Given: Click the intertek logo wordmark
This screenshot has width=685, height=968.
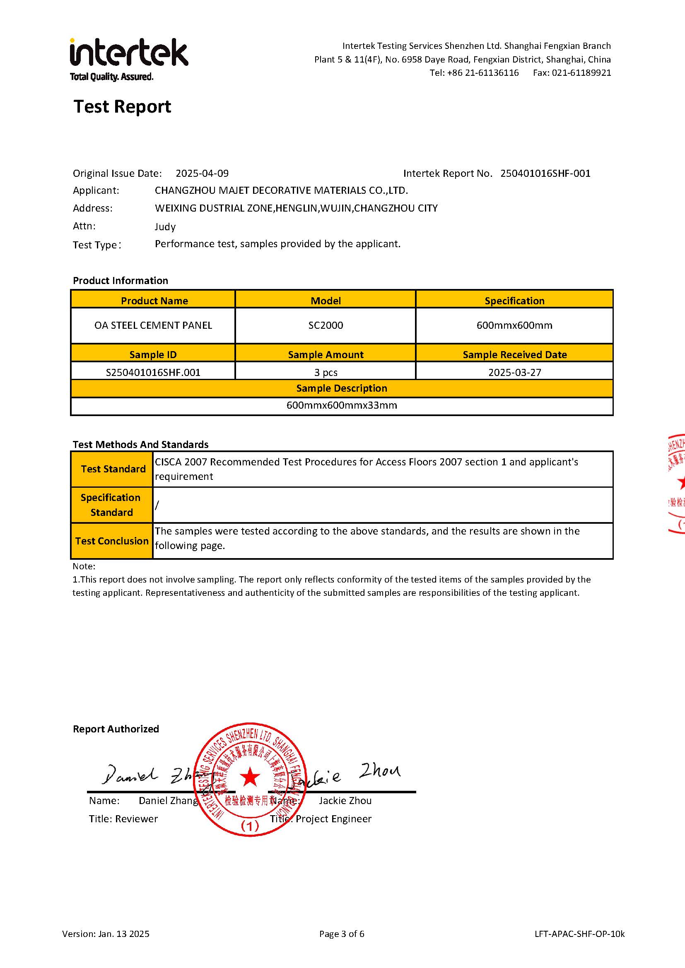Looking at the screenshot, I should tap(129, 53).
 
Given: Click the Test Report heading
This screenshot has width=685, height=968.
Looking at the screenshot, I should tap(122, 107).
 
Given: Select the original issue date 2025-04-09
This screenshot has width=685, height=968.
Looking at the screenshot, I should tap(202, 173).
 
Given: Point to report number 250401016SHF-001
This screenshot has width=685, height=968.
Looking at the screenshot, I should tap(545, 173).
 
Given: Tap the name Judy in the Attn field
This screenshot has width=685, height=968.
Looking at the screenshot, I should tap(165, 227).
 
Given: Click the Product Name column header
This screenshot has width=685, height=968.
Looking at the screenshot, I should tap(154, 301).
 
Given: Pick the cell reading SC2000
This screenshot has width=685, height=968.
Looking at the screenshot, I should tap(326, 325).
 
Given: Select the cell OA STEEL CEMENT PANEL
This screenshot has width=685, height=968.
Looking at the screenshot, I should tap(153, 325).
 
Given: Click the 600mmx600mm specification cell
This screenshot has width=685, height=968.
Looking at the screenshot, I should tap(514, 325).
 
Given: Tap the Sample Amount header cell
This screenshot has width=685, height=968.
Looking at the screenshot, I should tap(326, 354).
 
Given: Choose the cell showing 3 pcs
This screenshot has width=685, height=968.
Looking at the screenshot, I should tap(326, 372).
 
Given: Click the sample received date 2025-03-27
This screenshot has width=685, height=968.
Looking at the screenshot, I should tap(515, 372).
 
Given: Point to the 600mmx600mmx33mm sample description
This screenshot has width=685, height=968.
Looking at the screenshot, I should tap(342, 405).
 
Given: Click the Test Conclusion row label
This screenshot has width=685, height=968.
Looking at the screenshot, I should tap(112, 541).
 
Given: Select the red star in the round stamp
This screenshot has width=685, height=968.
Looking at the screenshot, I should tap(250, 777).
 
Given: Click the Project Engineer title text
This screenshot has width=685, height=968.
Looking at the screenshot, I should tap(333, 819).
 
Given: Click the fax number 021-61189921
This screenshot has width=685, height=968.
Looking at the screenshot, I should tap(581, 72).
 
